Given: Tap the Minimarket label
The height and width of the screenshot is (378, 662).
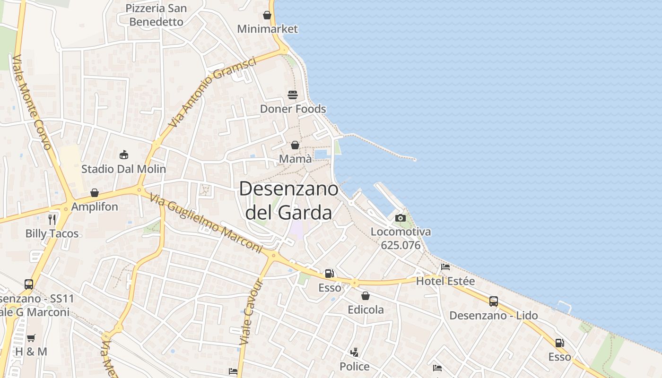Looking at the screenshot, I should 268,29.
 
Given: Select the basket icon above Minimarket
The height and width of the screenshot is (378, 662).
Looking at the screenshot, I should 267,15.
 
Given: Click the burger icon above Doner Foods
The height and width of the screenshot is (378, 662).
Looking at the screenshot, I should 293,95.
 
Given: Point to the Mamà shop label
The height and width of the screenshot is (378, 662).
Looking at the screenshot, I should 296,159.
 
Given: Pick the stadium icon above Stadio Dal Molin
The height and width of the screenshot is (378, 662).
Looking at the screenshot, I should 124,155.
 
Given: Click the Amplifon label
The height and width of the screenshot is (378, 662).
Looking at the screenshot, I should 95,206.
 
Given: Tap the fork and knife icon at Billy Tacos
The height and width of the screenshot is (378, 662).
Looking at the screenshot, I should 52,219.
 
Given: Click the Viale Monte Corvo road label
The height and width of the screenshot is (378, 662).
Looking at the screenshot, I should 32,102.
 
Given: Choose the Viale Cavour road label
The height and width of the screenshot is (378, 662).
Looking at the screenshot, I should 251,311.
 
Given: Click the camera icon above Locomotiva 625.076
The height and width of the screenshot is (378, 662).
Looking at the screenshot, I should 401,218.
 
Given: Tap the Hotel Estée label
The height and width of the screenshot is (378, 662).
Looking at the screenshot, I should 445,281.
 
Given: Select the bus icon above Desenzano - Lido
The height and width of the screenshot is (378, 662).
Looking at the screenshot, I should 494,301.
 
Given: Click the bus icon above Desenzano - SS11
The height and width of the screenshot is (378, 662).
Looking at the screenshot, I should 29,284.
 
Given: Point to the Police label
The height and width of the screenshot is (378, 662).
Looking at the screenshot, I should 355,366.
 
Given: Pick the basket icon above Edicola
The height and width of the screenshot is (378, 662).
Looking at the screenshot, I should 366,296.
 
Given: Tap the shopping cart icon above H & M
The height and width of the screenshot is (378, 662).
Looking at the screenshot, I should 31,338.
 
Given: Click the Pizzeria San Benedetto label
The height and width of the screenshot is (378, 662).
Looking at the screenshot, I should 156,15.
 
